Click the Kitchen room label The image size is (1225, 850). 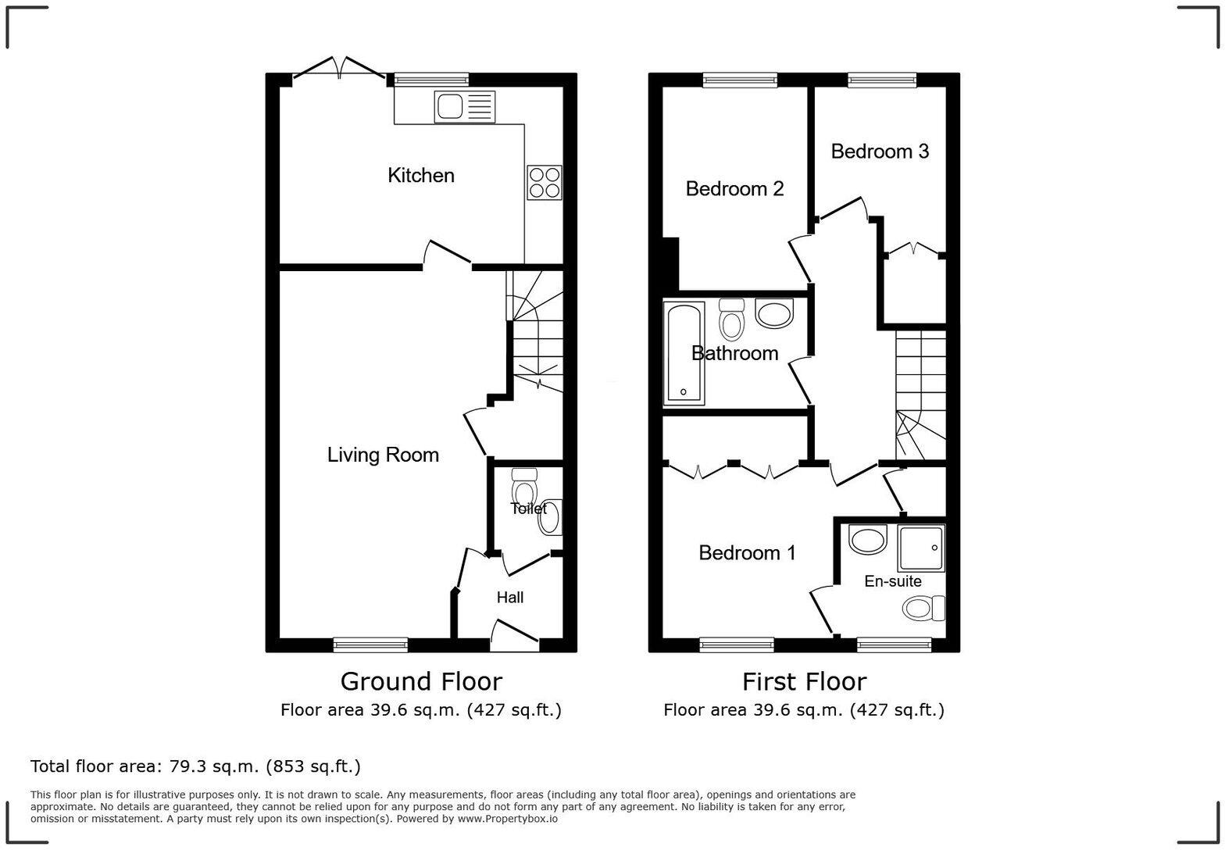coord(420,176)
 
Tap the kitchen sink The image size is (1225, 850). coord(465,107)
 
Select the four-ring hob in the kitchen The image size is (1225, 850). coord(545,182)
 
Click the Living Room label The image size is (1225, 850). coord(383,455)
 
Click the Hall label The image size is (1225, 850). coord(509,598)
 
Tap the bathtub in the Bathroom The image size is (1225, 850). coord(684,353)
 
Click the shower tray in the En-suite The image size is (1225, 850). coord(922,548)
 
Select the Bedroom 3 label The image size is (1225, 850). coord(880,152)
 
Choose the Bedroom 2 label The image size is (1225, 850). coord(734,189)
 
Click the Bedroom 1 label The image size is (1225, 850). coord(747,553)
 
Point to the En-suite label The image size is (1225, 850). coord(892,581)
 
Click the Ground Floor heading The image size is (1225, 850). coord(421,682)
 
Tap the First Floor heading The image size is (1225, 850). coord(804,682)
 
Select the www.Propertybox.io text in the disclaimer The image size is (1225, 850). coord(508,819)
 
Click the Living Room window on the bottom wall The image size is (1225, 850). coord(371,645)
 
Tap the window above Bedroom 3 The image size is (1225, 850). coord(882,80)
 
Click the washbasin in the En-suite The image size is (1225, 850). coord(867,541)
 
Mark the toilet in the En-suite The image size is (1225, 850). coord(923,609)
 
